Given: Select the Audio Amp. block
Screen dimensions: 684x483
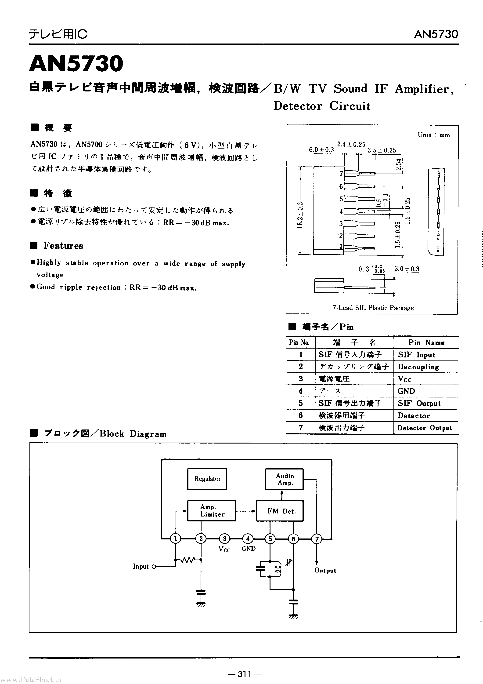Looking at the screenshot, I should (x=284, y=479).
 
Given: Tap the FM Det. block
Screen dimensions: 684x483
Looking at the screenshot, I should (x=280, y=511).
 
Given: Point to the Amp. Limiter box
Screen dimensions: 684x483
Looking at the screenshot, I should (x=211, y=511).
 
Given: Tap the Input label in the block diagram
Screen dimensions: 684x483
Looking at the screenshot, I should (x=141, y=566).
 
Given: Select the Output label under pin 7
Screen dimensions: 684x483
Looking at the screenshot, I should (x=325, y=570).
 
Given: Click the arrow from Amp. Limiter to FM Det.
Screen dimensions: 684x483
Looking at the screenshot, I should (x=246, y=511).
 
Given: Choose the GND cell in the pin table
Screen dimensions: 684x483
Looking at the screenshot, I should (x=406, y=391).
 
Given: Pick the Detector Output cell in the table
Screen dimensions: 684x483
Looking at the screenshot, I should (x=424, y=428).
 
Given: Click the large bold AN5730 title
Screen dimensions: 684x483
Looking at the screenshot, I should (x=76, y=63).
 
